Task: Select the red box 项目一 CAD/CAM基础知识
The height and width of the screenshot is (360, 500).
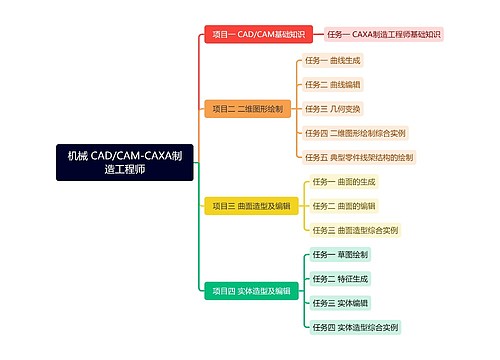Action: [x=258, y=34]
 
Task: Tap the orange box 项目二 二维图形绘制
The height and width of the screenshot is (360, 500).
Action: [x=247, y=108]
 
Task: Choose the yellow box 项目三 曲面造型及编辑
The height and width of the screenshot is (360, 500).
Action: [x=251, y=206]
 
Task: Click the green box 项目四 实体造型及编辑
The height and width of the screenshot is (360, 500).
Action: [x=251, y=291]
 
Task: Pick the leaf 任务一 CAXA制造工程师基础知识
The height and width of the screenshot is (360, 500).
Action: [x=384, y=34]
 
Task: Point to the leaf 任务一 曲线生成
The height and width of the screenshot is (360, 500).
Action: [x=333, y=60]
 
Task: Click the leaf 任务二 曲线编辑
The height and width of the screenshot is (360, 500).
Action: [x=333, y=84]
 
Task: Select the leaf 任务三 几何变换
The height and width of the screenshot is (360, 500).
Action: [x=333, y=108]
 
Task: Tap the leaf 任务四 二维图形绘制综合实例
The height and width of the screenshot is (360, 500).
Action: [x=355, y=132]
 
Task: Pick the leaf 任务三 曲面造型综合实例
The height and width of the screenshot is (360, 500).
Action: [x=355, y=230]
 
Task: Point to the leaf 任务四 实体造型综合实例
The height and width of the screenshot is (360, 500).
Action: [x=355, y=327]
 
